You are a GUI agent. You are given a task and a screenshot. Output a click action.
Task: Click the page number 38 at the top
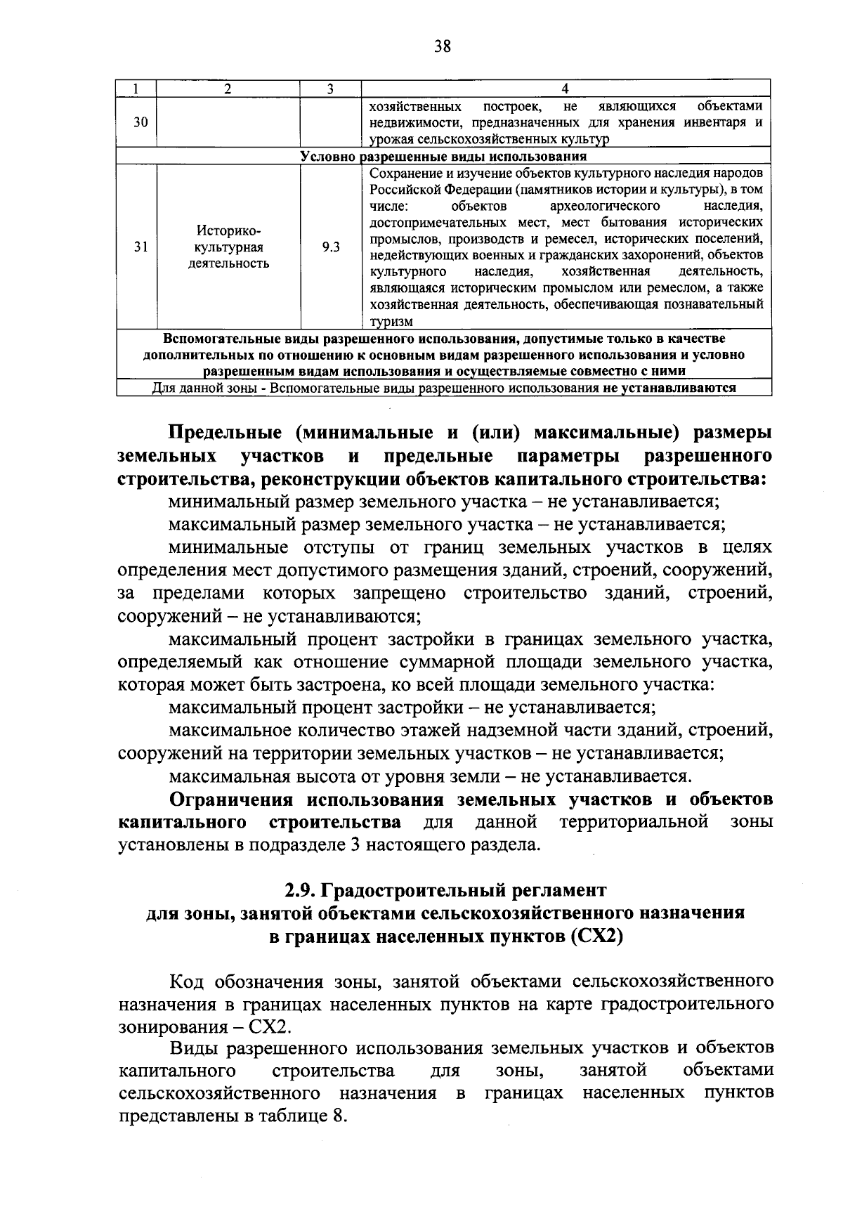[x=442, y=46]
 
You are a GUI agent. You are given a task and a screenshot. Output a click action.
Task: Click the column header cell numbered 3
[x=329, y=89]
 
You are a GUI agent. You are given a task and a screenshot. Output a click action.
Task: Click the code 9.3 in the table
[x=330, y=247]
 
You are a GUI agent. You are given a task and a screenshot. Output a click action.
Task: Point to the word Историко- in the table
[x=228, y=231]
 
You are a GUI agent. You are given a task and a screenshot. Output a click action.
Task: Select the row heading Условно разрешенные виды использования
[x=443, y=156]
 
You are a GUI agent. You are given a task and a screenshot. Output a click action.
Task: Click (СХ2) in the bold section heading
[x=597, y=937]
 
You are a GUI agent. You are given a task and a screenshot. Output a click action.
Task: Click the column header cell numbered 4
[x=566, y=89]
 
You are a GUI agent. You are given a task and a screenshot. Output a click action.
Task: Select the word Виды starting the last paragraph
[x=190, y=1049]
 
